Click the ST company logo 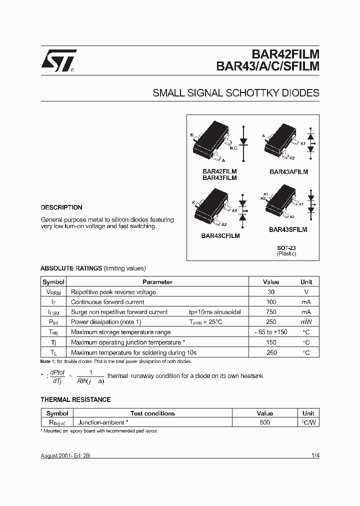pyautogui.click(x=58, y=60)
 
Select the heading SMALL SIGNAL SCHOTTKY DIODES pyautogui.click(x=235, y=93)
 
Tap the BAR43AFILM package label pyautogui.click(x=288, y=171)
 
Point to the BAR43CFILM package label pyautogui.click(x=220, y=235)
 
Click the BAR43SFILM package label pyautogui.click(x=288, y=229)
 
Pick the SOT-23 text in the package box pyautogui.click(x=286, y=247)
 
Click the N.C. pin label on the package pyautogui.click(x=233, y=148)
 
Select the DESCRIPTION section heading pyautogui.click(x=61, y=207)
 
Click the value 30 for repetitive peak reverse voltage pyautogui.click(x=271, y=292)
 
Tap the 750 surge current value pyautogui.click(x=271, y=312)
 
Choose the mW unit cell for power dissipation pyautogui.click(x=306, y=322)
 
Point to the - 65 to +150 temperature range pyautogui.click(x=271, y=332)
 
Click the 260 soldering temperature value pyautogui.click(x=271, y=352)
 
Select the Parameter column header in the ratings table pyautogui.click(x=157, y=282)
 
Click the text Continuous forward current pyautogui.click(x=107, y=302)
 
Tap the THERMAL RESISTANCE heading pyautogui.click(x=75, y=399)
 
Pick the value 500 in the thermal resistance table pyautogui.click(x=264, y=422)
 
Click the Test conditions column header pyautogui.click(x=152, y=413)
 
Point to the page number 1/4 pyautogui.click(x=315, y=455)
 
